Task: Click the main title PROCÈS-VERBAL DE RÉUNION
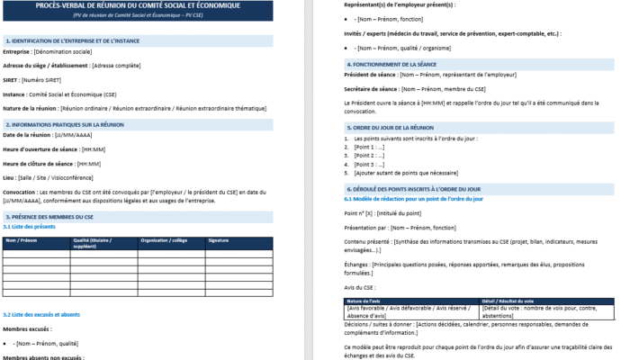pos(138,5)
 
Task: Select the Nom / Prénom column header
pos(22,241)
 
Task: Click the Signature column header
pos(219,241)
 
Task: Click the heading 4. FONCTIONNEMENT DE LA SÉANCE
pos(401,65)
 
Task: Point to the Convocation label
pos(24,192)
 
